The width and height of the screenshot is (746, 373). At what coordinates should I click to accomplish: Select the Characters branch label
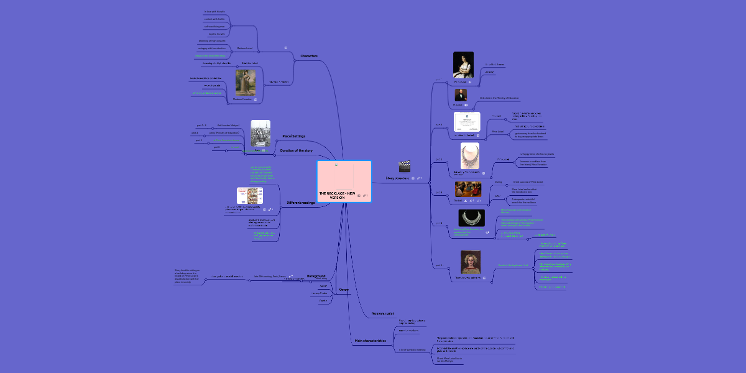(x=309, y=56)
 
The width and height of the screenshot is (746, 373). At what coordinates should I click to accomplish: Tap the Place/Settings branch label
(x=293, y=136)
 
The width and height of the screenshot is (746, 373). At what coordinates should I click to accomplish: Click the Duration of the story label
(x=296, y=150)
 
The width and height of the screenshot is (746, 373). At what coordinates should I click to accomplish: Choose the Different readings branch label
(x=300, y=203)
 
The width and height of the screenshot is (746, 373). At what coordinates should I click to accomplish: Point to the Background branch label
(x=316, y=275)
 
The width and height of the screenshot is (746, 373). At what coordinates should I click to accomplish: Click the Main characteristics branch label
(x=370, y=341)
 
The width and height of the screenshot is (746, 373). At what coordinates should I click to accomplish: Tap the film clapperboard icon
(x=405, y=166)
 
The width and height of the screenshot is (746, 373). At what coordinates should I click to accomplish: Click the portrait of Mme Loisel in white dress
(x=463, y=65)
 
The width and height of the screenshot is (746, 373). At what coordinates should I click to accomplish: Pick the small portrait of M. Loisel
(x=461, y=94)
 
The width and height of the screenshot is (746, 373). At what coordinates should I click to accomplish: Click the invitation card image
(x=467, y=122)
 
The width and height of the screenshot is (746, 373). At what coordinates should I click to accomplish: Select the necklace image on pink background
(x=470, y=156)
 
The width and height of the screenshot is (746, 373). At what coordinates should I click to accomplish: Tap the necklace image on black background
(x=471, y=218)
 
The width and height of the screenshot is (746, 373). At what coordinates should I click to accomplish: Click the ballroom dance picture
(x=467, y=189)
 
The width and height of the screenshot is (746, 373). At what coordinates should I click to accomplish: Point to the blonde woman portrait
(x=470, y=262)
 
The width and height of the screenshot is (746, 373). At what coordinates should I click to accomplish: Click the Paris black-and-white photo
(x=260, y=134)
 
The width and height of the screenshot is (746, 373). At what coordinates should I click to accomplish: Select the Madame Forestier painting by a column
(x=246, y=82)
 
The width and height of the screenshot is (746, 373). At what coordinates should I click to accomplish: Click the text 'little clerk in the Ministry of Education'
(x=499, y=98)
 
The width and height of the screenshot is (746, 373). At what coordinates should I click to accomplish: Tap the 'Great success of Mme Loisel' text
(x=528, y=182)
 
